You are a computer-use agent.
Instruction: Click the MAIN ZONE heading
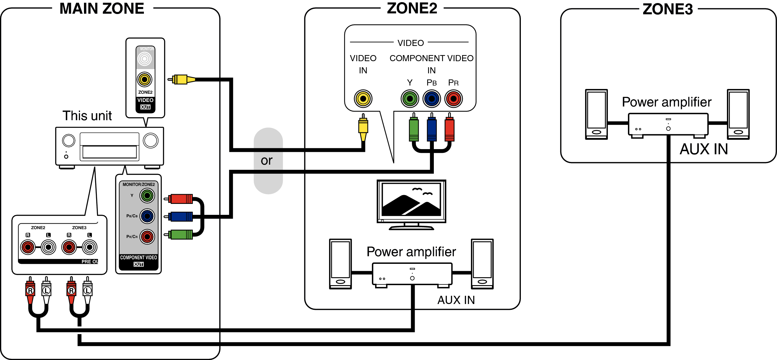click(102, 9)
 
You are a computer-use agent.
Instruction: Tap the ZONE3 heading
click(667, 9)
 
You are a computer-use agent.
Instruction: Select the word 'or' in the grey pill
click(267, 160)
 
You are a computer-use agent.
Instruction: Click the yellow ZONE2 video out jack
click(145, 80)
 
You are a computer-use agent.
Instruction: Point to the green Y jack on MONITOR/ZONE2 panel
click(147, 196)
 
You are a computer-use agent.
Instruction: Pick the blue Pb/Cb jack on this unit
click(147, 216)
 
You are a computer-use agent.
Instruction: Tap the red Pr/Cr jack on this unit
click(147, 237)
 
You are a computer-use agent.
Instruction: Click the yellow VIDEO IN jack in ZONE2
click(363, 99)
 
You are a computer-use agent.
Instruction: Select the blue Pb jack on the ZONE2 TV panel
click(431, 99)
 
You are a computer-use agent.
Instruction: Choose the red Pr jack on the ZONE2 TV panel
click(453, 99)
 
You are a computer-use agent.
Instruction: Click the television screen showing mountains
click(411, 200)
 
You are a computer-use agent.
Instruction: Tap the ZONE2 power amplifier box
click(412, 274)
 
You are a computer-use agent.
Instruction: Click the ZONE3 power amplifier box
click(668, 124)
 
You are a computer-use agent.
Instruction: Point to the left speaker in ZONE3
click(596, 114)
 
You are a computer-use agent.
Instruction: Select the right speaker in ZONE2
click(482, 264)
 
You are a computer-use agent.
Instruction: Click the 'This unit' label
click(87, 116)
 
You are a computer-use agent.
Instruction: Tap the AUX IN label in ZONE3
click(704, 149)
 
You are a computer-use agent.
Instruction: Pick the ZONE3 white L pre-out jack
click(89, 247)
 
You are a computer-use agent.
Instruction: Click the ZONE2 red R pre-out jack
click(28, 247)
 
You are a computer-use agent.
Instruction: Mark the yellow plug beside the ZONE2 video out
click(182, 80)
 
